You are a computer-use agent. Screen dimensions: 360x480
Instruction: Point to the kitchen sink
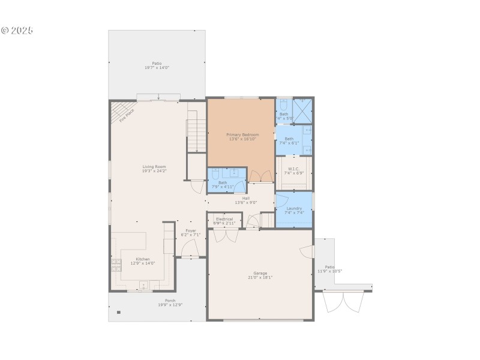point(144,284)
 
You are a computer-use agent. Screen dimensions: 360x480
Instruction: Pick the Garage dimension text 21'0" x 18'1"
point(260,278)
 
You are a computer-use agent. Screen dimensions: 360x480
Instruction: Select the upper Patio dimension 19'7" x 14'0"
point(157,68)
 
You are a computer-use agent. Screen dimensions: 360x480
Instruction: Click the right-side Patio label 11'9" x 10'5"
point(329,271)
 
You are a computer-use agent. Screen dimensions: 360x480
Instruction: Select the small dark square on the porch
point(119,312)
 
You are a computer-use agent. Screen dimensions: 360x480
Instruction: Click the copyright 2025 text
point(17,30)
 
